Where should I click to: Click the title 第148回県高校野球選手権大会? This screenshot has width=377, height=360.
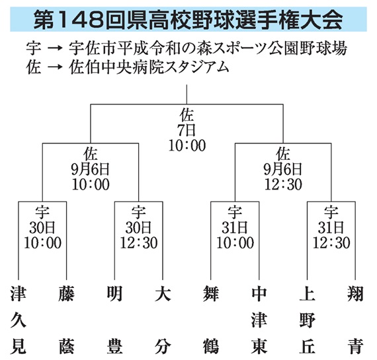point(188,20)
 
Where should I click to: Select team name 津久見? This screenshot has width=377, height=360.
point(19,320)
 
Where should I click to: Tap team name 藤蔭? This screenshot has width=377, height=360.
point(66,320)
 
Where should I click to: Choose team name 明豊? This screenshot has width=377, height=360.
point(114,320)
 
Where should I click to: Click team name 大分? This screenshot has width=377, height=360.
point(163,320)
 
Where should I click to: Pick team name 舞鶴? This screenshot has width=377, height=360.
point(211,320)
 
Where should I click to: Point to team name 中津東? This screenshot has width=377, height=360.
point(259,320)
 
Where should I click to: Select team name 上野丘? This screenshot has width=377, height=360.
point(308,320)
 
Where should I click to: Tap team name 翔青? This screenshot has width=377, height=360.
point(355,320)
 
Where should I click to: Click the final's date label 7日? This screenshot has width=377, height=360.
point(187,130)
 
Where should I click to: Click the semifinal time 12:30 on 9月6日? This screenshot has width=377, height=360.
point(283,184)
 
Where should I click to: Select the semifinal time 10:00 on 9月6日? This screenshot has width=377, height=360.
point(91,184)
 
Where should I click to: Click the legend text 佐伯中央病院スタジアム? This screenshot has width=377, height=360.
point(149,67)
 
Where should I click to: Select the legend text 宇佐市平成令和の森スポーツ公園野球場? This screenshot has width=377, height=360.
point(208,48)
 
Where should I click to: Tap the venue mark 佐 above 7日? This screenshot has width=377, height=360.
point(187,115)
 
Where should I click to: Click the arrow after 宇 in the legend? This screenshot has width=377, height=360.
point(55,48)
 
